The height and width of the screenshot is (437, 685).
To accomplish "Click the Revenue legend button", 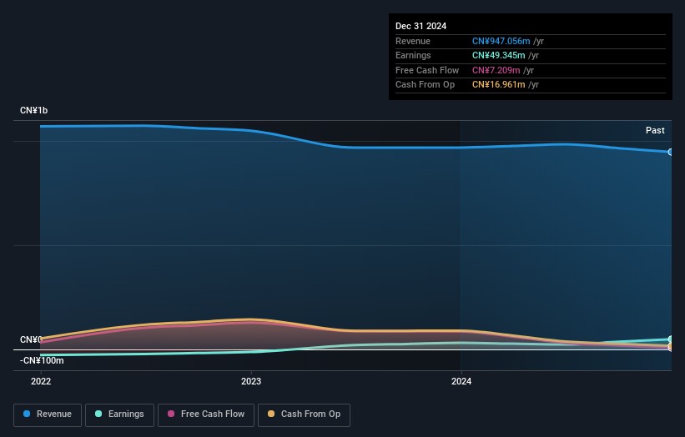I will coord(48,414).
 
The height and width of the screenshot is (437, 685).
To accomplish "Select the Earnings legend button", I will coord(119,414).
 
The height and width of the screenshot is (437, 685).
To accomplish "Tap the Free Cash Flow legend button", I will coord(206,414).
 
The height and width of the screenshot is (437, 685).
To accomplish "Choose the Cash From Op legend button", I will coord(304,414).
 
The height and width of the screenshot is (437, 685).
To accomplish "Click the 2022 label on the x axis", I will coord(41,381).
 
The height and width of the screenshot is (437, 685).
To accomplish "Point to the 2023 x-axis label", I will coord(251,381).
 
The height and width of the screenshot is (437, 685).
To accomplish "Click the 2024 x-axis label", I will coord(461,381).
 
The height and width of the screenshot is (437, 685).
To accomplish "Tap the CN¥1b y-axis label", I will coord(34,111).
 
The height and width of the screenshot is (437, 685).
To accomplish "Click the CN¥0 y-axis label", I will coord(31,339).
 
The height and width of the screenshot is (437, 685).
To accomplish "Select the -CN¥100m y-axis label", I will coord(41,360).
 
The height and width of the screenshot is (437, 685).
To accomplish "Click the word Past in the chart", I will coord(655,130).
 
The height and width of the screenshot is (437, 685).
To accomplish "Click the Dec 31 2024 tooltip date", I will coord(424,25).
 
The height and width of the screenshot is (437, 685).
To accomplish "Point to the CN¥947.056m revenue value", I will coord(500,42).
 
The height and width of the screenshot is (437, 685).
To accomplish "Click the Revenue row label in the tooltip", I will coord(413,42).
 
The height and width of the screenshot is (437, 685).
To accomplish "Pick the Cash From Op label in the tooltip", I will coord(425,84).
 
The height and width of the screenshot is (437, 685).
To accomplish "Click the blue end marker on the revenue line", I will coord(670,152).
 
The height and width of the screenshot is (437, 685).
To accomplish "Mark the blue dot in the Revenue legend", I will coord(27,414).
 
